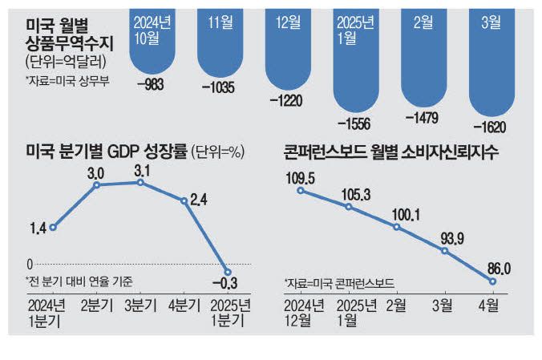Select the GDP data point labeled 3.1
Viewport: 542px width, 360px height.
(x=141, y=183)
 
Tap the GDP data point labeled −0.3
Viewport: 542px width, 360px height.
(x=228, y=272)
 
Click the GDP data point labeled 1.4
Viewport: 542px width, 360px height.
(x=53, y=228)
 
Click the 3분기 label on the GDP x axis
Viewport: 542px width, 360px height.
(x=141, y=305)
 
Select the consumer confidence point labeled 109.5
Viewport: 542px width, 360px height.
(x=300, y=191)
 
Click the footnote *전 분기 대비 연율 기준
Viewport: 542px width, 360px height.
(x=79, y=281)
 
